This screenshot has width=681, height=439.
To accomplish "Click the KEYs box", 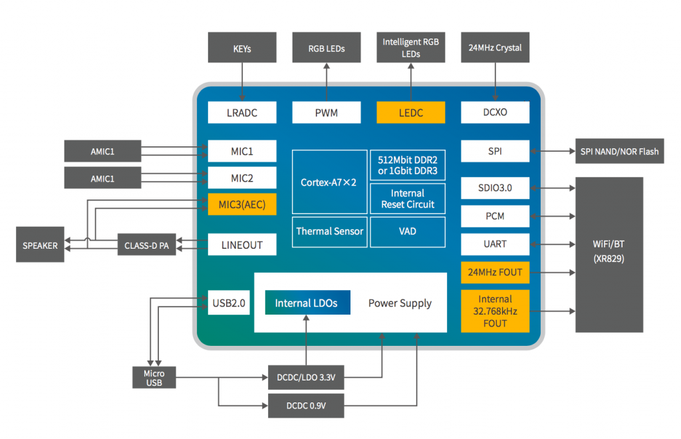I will pos(241,48).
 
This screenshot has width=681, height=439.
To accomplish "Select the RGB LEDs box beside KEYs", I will pos(327,48).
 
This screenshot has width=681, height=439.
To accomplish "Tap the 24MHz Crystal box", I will pos(495,48).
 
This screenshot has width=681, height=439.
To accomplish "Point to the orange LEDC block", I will pos(410,112).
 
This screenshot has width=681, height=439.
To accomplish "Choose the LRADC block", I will pos(241,112).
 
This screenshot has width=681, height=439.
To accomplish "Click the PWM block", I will pos(327,112).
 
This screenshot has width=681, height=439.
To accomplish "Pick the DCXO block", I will pos(495,112).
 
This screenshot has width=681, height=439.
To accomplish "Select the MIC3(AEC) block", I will pos(241,204).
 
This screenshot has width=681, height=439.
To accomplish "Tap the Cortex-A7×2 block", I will pos(329,182).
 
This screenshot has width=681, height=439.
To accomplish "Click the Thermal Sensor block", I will pos(329,231).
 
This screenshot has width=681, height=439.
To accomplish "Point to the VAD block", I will pos(408,231).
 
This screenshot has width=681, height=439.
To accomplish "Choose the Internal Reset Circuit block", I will pos(408,198).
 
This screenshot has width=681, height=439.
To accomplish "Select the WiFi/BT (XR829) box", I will pos(609,255).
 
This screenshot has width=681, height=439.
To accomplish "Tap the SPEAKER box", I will pos(40,245).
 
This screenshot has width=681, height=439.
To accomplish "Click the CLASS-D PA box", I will pos(146,245).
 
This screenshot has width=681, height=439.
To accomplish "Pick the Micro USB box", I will pos(154,377).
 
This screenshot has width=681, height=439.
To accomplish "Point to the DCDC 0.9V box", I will pos(306,405).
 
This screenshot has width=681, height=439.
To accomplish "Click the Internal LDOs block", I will pos(306,303).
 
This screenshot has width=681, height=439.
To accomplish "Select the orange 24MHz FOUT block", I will pos(495,272).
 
